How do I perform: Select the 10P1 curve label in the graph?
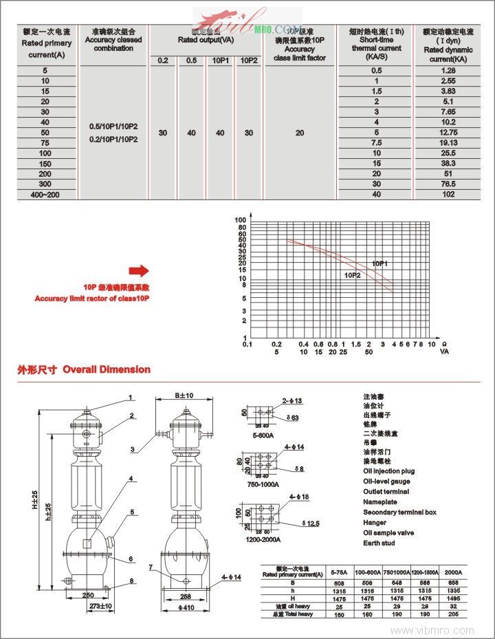[x=380, y=263]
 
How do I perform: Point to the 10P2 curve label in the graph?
[x=353, y=275]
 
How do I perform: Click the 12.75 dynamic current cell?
[x=448, y=132]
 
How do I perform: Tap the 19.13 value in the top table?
[x=448, y=142]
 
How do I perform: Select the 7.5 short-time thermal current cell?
[x=377, y=142]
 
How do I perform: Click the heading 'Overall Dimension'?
[x=107, y=369]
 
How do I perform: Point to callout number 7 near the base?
[x=151, y=567]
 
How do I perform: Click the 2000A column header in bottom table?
[x=454, y=572]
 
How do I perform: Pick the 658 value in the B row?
[x=454, y=582]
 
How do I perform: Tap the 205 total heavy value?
[x=454, y=614]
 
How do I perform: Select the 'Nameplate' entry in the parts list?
[x=380, y=502]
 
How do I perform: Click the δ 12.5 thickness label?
[x=311, y=524]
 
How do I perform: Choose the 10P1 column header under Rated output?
[x=220, y=61]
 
